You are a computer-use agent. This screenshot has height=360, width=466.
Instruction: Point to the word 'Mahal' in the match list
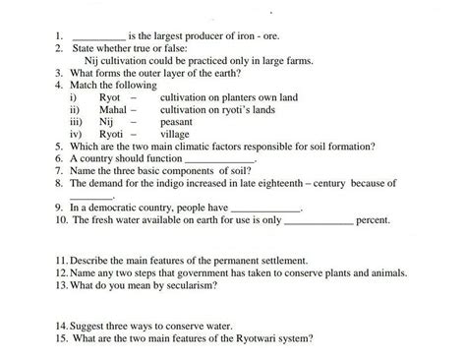pyautogui.click(x=114, y=110)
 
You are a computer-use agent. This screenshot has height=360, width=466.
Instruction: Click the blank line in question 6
pyautogui.click(x=219, y=158)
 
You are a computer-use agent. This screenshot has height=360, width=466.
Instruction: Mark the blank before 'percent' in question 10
pyautogui.click(x=318, y=220)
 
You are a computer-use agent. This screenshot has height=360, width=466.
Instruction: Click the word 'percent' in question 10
pyautogui.click(x=373, y=220)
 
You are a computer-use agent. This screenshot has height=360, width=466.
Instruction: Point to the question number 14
pyautogui.click(x=61, y=326)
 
